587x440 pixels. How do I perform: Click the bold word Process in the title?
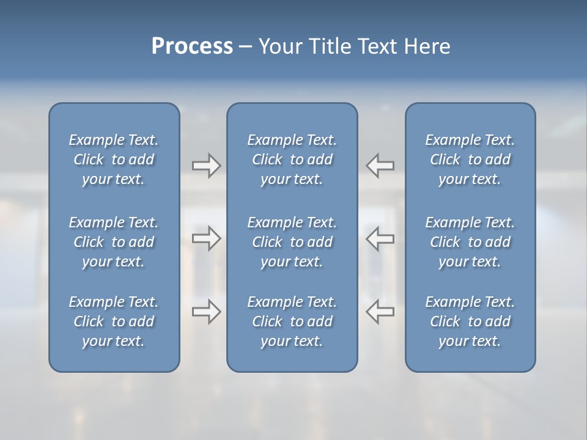click(x=192, y=46)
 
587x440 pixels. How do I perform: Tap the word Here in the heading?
click(x=427, y=46)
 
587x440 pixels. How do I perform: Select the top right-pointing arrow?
click(x=206, y=166)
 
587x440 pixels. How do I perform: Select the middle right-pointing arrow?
click(x=206, y=238)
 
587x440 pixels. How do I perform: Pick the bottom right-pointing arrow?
click(x=206, y=312)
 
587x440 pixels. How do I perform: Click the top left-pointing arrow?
click(x=380, y=166)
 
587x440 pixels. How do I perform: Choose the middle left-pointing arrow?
click(x=380, y=238)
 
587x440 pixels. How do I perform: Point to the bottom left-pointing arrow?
click(x=380, y=312)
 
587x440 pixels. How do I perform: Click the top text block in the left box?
click(x=114, y=159)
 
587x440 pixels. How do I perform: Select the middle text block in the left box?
click(x=114, y=242)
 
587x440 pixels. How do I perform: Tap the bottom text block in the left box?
click(x=114, y=321)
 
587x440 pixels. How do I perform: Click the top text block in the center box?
click(x=292, y=159)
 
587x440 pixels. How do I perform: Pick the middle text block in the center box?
click(x=292, y=242)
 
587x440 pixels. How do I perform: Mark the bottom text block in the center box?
click(x=292, y=321)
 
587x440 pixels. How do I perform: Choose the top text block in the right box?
click(x=470, y=159)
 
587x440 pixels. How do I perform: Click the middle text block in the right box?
click(x=470, y=242)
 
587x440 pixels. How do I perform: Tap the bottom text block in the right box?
click(x=470, y=321)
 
